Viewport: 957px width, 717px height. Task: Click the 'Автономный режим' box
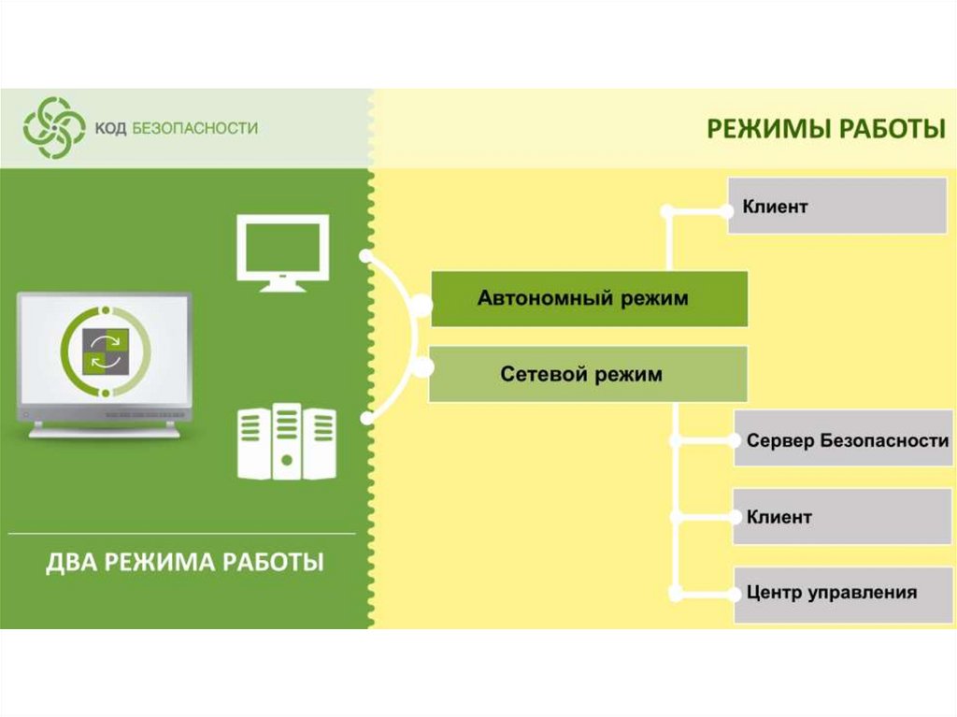589,299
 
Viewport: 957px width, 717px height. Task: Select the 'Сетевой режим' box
588,374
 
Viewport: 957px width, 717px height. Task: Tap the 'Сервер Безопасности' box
841,438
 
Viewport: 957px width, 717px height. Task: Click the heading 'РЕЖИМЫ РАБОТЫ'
825,128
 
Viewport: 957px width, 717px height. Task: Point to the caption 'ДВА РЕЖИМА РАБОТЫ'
185,563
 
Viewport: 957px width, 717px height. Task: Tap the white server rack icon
286,442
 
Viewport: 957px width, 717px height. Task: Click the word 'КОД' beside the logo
103,128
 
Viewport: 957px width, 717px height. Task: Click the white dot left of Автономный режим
421,305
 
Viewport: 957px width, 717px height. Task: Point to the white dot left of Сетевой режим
421,367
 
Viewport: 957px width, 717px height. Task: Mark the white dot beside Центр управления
675,593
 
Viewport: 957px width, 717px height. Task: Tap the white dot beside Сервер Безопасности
675,438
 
